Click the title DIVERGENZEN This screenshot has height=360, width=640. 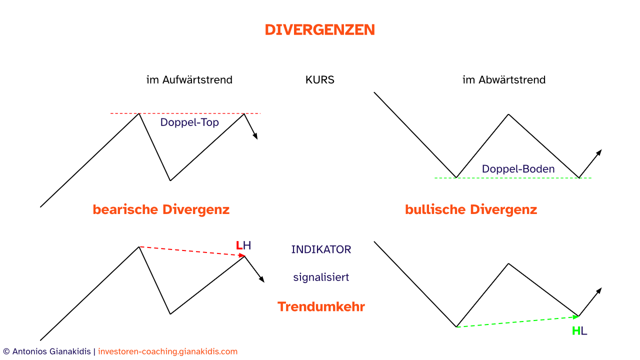click(x=319, y=29)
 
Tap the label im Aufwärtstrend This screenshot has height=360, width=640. click(x=189, y=79)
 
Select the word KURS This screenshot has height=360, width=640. click(x=319, y=79)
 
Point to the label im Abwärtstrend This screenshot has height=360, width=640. click(x=504, y=79)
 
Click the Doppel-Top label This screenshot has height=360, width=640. click(x=189, y=122)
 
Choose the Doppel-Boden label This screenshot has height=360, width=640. click(x=518, y=169)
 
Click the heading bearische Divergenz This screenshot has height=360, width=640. click(x=161, y=209)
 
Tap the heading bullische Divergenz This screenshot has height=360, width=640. click(x=471, y=209)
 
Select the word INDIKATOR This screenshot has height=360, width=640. click(x=321, y=249)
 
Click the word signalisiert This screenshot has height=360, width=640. click(x=321, y=277)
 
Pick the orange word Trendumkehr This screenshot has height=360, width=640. click(x=321, y=306)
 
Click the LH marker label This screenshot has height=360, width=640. click(x=243, y=245)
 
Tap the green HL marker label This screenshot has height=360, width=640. click(x=579, y=331)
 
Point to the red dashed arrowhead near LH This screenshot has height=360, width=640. click(x=242, y=255)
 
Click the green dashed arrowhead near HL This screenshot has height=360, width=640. click(x=575, y=317)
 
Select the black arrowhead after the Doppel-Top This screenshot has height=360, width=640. click(x=255, y=136)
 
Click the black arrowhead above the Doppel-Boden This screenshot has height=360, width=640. click(x=599, y=152)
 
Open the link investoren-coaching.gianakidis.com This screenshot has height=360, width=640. click(x=167, y=351)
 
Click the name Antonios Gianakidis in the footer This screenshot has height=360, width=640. click(x=51, y=351)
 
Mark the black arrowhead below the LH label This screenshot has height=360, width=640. click(x=261, y=279)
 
